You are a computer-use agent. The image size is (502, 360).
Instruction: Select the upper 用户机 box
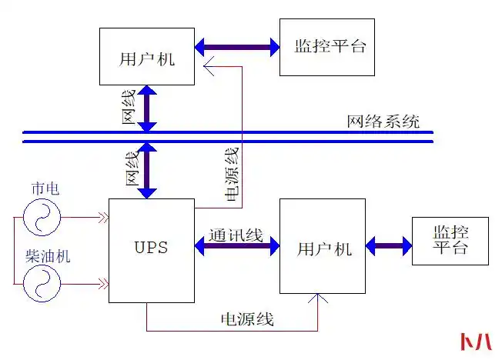pos(147,56)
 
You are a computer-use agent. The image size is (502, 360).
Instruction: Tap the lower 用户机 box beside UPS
pos(323,246)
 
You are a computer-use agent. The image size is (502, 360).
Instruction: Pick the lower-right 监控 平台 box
pos(450,241)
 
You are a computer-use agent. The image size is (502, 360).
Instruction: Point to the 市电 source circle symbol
pos(42,217)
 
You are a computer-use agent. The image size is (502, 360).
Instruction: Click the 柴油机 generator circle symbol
pos(42,284)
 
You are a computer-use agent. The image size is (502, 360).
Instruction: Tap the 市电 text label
pos(43,188)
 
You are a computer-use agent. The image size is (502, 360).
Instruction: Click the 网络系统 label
pos(383,121)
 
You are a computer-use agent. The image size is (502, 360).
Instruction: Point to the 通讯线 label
pos(236,235)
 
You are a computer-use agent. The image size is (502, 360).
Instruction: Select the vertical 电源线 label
pos(232,173)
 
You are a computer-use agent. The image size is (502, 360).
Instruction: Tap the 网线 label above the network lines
pos(129,107)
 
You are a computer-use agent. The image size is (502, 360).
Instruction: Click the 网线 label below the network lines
pos(132,168)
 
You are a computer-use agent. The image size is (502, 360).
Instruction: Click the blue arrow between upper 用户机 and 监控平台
pos(237,48)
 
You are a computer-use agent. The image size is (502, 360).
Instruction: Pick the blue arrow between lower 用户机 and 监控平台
pos(389,247)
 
